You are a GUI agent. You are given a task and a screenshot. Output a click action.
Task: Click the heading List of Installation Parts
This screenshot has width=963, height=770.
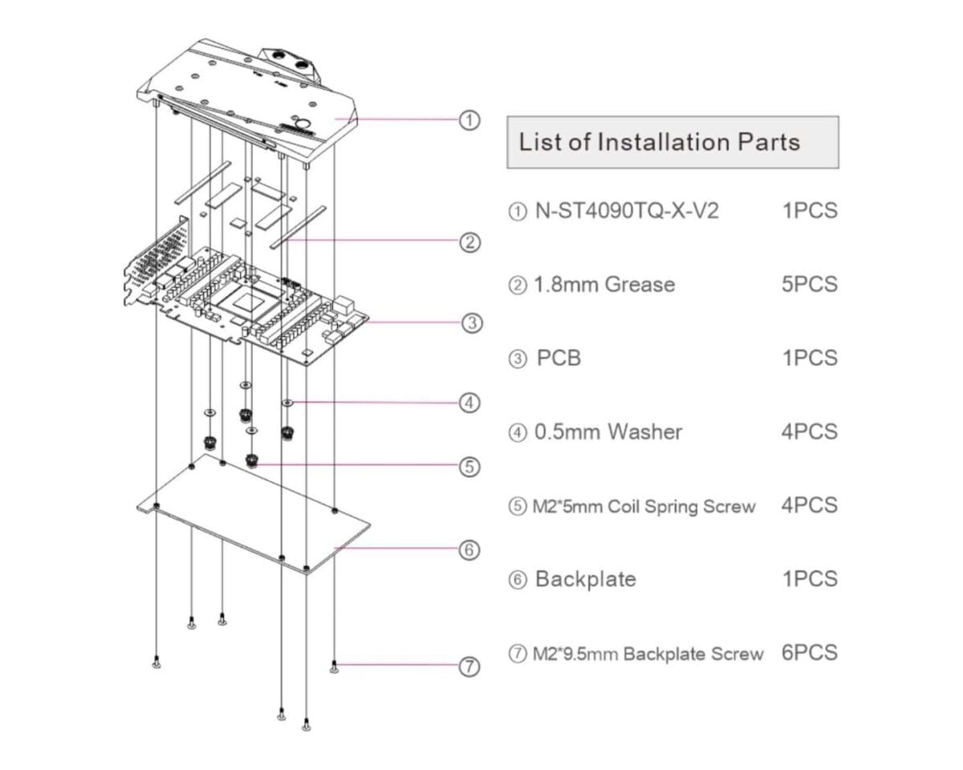(x=659, y=143)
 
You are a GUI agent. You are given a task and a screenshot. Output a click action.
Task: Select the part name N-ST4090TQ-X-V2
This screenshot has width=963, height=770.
(x=626, y=211)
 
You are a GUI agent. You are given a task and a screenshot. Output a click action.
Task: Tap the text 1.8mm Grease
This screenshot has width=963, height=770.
(x=603, y=285)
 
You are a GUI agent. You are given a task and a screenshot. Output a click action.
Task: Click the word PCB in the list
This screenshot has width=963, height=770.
(x=558, y=358)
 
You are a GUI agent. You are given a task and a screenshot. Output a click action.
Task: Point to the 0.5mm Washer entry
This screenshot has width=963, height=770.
(x=607, y=432)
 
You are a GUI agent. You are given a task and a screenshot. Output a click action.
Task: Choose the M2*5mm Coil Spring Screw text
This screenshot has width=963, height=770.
(x=644, y=506)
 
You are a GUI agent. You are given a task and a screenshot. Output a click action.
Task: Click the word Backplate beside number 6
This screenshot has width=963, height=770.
(x=585, y=578)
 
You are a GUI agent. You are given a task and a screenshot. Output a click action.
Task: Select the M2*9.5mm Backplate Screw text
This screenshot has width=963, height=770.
(x=648, y=654)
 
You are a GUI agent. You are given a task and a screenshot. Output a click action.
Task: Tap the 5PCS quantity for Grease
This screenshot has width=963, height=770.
(x=809, y=285)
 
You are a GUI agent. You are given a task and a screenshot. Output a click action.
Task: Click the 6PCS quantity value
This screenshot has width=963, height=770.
(x=809, y=652)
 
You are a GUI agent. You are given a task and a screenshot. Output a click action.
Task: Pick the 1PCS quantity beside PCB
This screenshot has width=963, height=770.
(x=809, y=358)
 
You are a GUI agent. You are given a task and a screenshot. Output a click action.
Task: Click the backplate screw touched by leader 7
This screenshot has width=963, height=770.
(x=335, y=665)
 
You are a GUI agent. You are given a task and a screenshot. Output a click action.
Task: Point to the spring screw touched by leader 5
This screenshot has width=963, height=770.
(x=253, y=462)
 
